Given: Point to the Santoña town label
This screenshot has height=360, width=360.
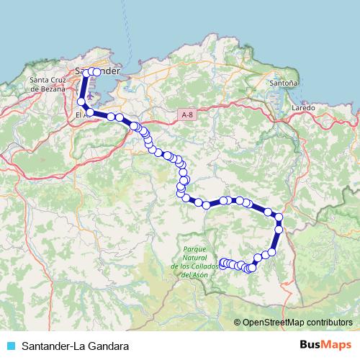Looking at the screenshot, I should click(x=283, y=84).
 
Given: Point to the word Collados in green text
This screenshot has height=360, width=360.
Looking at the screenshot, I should click(x=204, y=267).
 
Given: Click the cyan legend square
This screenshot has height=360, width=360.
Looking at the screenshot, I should click(x=10, y=345).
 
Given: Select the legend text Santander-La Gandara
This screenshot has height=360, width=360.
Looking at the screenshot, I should click(x=76, y=345).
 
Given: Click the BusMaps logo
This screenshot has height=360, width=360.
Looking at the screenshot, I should click(x=325, y=344).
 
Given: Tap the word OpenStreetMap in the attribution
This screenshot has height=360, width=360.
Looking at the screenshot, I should click(x=273, y=322).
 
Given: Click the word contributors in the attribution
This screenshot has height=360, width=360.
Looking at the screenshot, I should click(x=329, y=322).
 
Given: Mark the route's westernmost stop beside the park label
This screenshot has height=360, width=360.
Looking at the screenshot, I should click(x=222, y=262).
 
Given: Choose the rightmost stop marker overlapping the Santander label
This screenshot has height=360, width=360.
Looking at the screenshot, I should click(x=96, y=72).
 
